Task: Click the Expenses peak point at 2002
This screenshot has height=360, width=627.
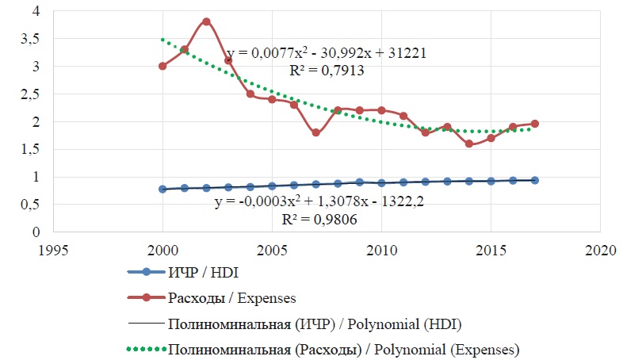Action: click(206, 21)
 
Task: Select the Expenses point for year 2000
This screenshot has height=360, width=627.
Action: click(162, 66)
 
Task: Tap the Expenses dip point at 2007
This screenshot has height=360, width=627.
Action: click(315, 132)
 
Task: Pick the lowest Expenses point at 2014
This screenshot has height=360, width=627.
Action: click(469, 144)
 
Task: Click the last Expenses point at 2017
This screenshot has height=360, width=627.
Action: click(535, 124)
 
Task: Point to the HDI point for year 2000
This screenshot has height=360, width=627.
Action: click(162, 190)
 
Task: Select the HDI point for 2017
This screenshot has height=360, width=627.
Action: click(535, 180)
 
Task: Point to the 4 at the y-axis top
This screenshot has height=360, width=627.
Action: click(34, 11)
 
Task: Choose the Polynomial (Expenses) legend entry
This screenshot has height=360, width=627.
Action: click(344, 348)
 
